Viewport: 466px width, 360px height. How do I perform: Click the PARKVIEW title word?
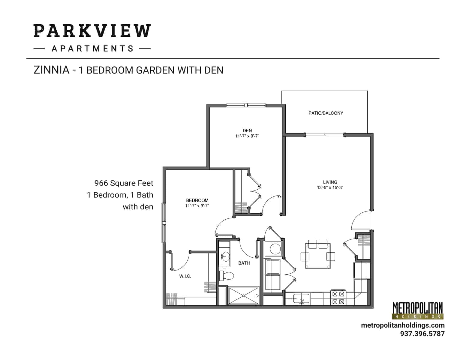click(x=92, y=31)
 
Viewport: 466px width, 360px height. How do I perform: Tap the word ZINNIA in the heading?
click(x=51, y=70)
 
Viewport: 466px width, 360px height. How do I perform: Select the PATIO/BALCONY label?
click(x=326, y=113)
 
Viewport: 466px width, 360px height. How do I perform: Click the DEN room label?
click(x=247, y=130)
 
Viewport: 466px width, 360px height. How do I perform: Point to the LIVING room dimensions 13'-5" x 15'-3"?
click(x=330, y=188)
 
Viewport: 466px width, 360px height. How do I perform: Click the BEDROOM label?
click(x=197, y=200)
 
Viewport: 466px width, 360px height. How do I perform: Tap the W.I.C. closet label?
click(x=185, y=276)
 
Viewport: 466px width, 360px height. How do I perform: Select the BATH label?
click(x=244, y=263)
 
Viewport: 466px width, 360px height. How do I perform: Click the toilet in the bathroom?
click(x=226, y=275)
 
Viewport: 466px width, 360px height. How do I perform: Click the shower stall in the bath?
click(x=243, y=296)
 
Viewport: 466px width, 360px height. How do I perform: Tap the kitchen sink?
click(x=301, y=299)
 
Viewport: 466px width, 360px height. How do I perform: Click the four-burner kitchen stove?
click(x=338, y=298)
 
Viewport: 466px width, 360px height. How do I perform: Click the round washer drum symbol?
click(x=275, y=249)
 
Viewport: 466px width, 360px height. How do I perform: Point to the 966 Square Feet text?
click(x=124, y=183)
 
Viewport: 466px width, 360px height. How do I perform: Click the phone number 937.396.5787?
click(x=422, y=334)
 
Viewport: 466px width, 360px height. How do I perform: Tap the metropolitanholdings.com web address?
click(x=403, y=325)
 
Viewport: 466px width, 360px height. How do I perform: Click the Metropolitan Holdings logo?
click(x=417, y=310)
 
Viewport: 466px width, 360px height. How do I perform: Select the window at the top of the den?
click(x=246, y=105)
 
